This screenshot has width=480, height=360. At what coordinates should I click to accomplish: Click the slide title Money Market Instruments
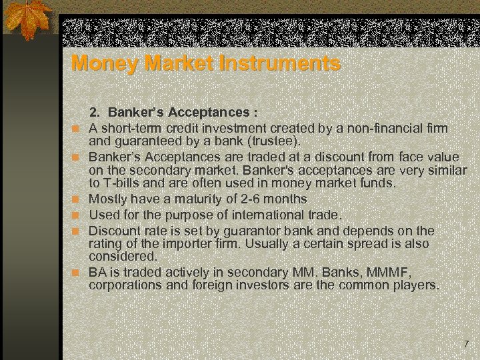(205, 64)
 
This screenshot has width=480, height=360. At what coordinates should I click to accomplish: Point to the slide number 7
(466, 344)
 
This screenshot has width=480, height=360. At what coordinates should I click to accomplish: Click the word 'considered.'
(123, 256)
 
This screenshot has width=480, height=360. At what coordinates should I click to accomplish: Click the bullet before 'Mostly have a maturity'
(77, 199)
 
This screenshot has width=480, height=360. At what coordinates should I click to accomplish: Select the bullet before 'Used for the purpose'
(77, 215)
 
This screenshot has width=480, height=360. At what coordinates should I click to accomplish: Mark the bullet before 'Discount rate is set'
(77, 231)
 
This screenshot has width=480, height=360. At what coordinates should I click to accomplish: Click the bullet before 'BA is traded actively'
(77, 273)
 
